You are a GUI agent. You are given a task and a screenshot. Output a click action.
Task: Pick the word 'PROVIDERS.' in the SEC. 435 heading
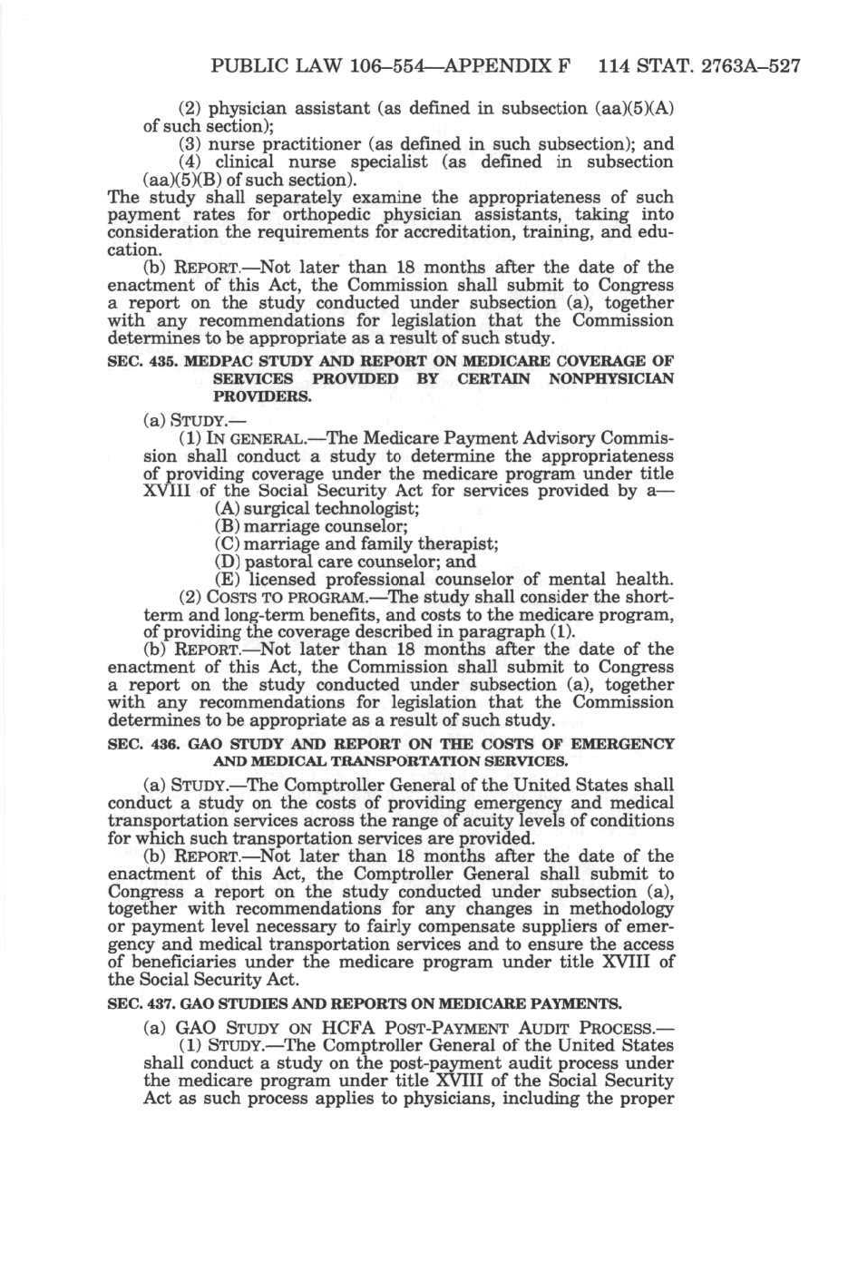262,396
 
